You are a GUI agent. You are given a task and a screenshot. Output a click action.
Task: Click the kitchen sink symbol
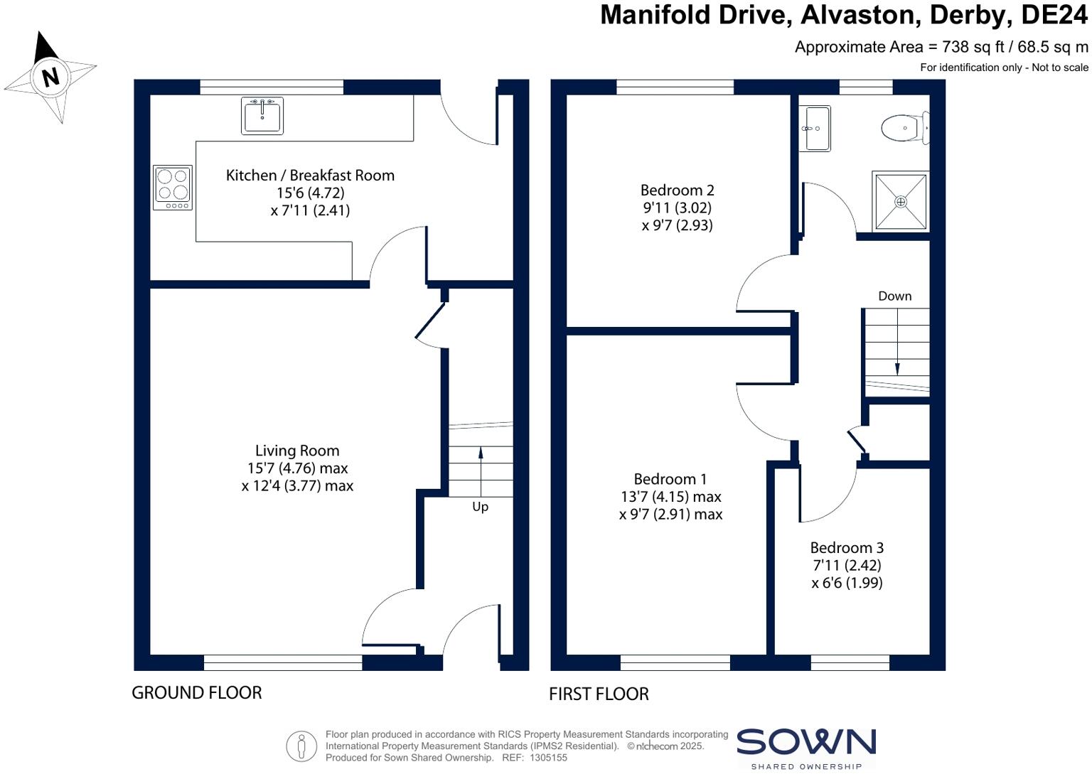(262, 116)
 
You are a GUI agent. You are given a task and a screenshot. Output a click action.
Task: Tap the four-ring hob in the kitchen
(173, 188)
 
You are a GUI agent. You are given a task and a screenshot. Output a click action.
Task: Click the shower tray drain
(901, 202)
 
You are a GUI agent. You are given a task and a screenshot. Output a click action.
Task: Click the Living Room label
(297, 451)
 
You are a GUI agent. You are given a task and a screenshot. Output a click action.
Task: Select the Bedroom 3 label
(847, 548)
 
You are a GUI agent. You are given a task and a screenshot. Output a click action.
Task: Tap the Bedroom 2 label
(677, 190)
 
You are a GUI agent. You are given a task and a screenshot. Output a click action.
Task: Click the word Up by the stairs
(481, 507)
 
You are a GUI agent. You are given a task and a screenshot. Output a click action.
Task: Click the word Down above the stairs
(894, 296)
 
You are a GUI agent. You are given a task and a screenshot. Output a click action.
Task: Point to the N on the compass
(50, 77)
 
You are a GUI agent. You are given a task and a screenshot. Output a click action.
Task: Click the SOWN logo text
(805, 743)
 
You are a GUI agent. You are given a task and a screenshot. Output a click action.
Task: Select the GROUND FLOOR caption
(197, 692)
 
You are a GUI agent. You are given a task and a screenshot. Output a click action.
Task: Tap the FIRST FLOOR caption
(599, 694)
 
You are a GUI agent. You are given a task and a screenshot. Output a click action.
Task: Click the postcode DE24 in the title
(1053, 15)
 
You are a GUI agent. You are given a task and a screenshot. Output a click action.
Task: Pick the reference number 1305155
(548, 758)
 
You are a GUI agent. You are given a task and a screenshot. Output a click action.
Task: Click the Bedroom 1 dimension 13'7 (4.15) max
(670, 497)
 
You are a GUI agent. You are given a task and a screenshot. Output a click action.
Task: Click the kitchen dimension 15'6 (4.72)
(310, 193)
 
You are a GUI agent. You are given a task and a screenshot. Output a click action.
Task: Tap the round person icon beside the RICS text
(301, 746)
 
